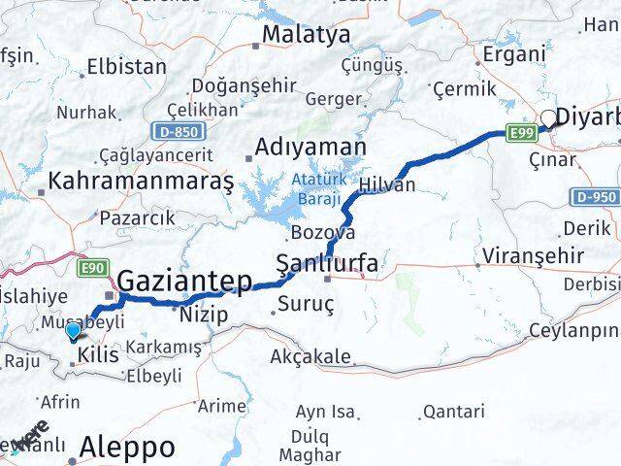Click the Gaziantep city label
point(184,281)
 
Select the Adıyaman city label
point(310,149)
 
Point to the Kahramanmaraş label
point(141,182)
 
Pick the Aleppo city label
point(129,448)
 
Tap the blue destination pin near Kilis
point(74,331)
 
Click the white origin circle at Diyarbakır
point(548,118)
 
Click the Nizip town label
point(204,314)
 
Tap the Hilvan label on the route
point(386,184)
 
